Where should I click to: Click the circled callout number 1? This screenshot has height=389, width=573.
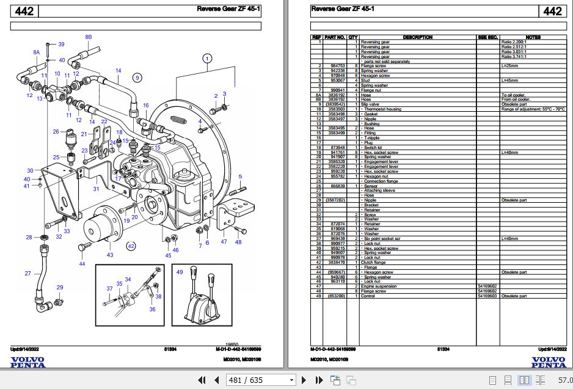tap(207, 59)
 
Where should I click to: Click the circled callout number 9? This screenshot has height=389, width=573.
tap(137, 77)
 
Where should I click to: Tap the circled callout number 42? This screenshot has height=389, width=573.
tap(131, 246)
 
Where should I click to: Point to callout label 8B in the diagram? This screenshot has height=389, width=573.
tap(88, 37)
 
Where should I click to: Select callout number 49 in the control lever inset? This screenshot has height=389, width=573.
tap(179, 272)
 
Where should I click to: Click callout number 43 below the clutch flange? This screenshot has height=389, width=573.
tap(110, 255)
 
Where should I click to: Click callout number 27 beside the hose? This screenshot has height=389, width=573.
tap(27, 273)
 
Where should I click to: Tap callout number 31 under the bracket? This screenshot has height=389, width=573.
tap(96, 189)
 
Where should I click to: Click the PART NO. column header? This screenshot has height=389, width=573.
tap(335, 37)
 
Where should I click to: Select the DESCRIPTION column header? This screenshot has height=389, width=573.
tap(418, 37)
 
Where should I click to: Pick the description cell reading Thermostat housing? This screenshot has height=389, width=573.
tap(383, 109)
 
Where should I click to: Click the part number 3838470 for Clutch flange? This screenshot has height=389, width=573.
tap(337, 262)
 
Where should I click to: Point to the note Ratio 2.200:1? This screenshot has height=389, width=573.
tap(513, 42)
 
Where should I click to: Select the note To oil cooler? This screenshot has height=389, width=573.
tap(513, 95)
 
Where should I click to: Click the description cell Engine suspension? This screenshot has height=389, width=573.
tap(379, 286)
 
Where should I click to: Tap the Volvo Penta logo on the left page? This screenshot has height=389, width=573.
tap(27, 362)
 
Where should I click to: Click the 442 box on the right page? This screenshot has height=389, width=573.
tap(552, 11)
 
